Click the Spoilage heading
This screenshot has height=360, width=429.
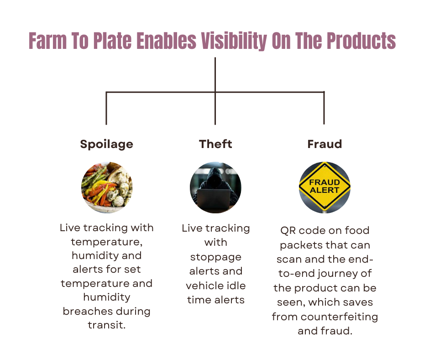coord(106,144)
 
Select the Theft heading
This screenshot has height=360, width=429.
coord(215,144)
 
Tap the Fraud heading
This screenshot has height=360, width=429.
coord(324,144)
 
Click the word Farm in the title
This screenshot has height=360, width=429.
coord(47,41)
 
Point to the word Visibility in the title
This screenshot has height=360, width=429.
coord(234,41)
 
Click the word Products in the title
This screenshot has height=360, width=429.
coord(361,41)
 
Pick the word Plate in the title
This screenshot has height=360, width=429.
coord(112,41)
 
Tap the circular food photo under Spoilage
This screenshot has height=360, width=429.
coord(107,187)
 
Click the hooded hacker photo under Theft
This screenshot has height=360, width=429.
coord(215,187)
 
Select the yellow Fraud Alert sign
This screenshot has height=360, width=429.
coord(324,186)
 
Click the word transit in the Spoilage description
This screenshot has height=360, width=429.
coord(106,325)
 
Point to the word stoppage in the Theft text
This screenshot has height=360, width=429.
coord(215,258)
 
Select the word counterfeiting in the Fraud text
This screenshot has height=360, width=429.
coord(339,317)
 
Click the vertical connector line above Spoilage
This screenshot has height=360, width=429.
coord(106,108)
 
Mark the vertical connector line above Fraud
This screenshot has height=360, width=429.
coord(324,108)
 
